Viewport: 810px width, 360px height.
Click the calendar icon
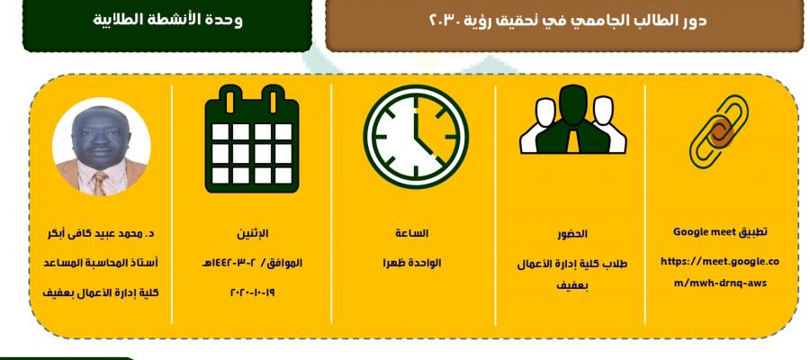point(252,139)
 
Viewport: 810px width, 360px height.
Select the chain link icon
point(718,131)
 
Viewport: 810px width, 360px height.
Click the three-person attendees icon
point(573,120)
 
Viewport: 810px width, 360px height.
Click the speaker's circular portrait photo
point(101,146)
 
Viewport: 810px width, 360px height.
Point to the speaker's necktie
point(100,184)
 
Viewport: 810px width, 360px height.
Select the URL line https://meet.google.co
point(720,261)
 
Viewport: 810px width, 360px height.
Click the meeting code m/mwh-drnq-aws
point(720,283)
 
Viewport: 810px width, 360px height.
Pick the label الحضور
point(572,234)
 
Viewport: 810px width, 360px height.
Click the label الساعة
point(411,233)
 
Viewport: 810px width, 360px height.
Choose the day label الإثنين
point(253,233)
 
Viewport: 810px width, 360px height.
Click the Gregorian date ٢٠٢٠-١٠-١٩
point(253,292)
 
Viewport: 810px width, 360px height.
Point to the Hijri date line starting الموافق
point(253,263)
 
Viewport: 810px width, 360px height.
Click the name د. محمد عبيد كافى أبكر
point(100,233)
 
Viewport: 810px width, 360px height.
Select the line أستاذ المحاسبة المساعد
point(100,263)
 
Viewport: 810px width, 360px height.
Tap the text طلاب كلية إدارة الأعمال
point(572,265)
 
